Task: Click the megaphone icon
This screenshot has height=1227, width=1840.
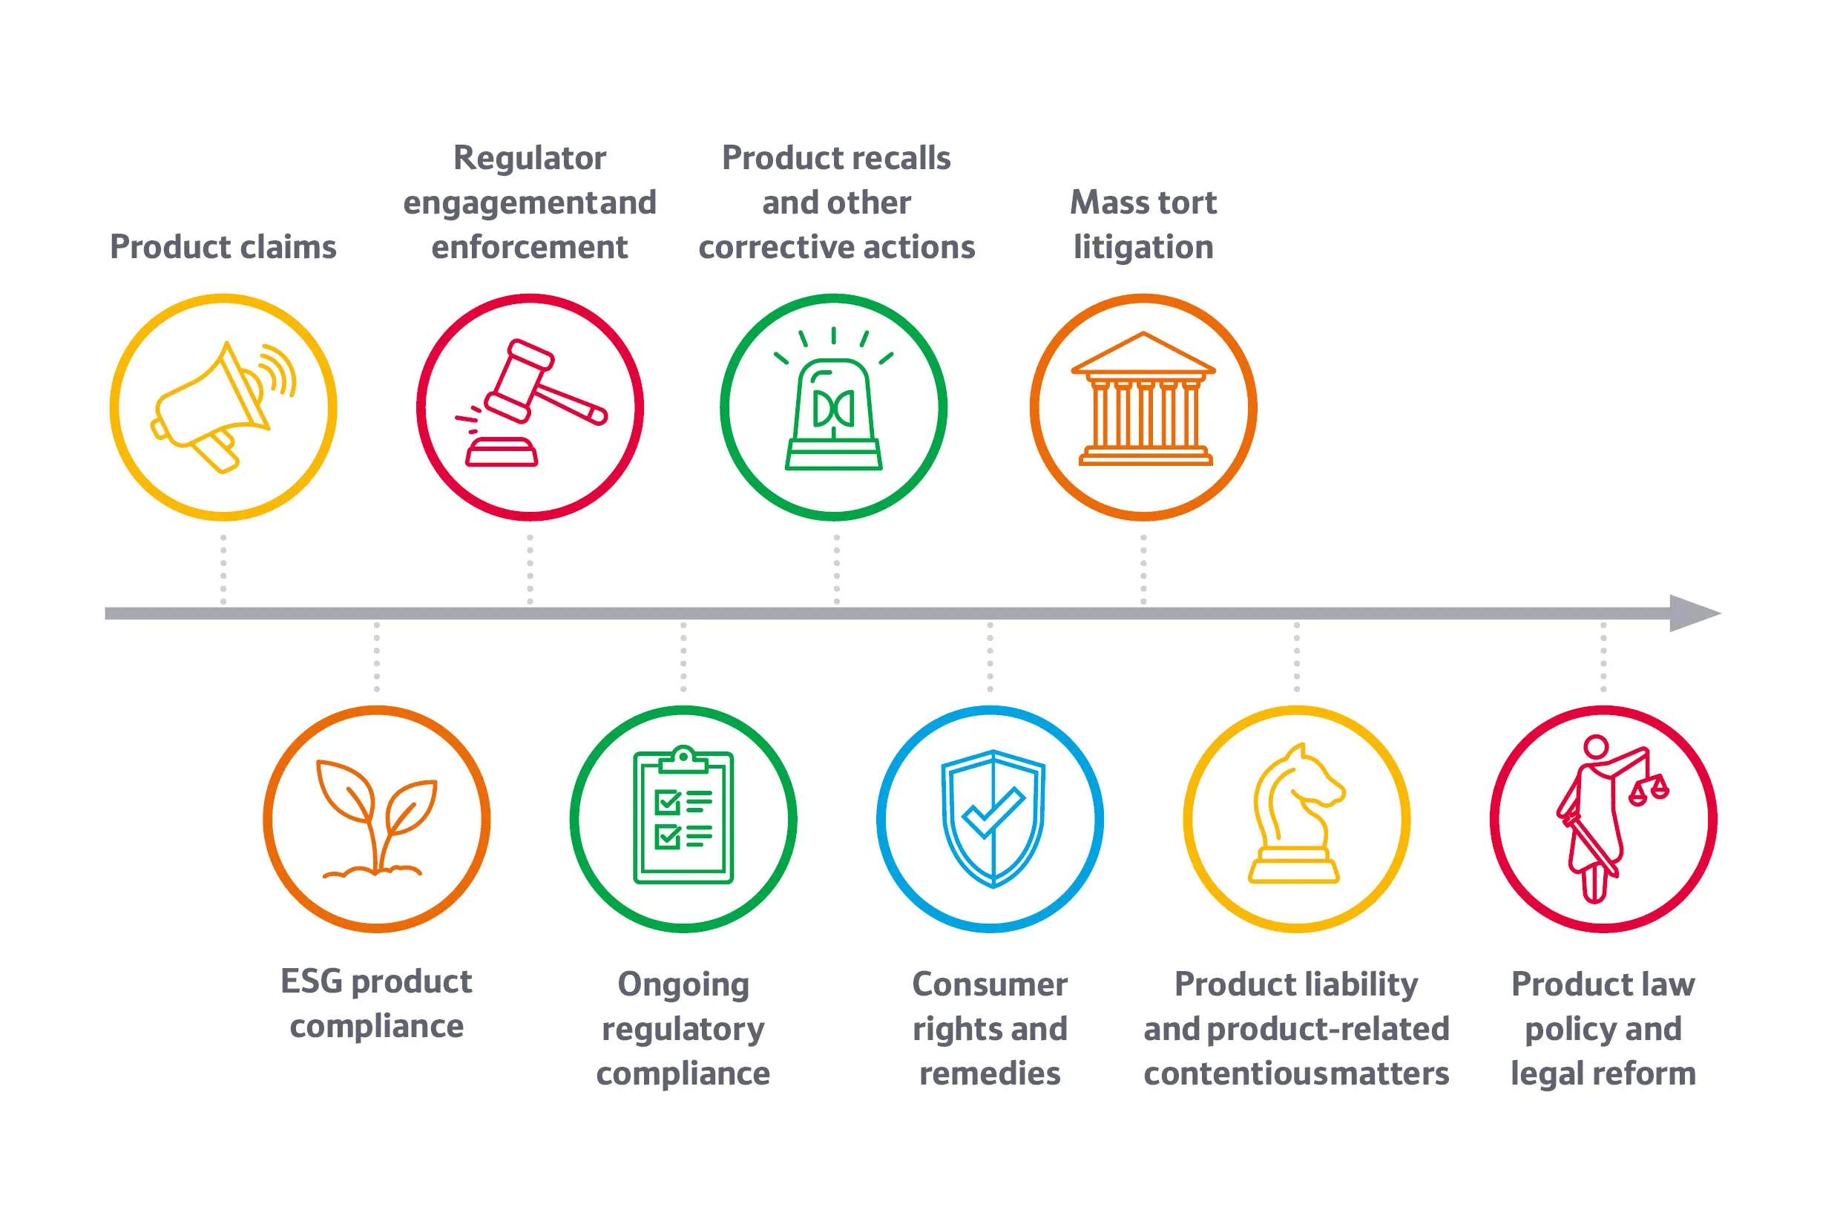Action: point(223,407)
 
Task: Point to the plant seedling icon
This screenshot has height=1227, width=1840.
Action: point(376,818)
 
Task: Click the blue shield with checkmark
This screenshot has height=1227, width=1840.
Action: point(993,818)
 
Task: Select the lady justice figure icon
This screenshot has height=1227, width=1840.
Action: point(1597,818)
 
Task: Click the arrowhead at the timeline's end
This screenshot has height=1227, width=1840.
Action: point(1695,613)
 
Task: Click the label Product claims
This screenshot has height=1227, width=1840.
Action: point(223,247)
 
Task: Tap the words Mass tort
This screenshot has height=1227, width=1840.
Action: point(1143,203)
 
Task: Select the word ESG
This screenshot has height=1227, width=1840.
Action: point(312,981)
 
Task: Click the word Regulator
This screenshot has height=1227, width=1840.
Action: point(530,158)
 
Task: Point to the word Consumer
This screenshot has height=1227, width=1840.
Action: point(990,984)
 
